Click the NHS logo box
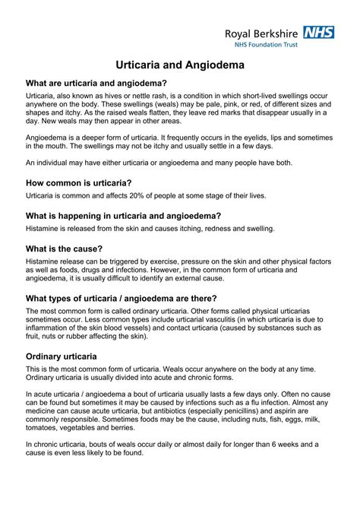point(318,32)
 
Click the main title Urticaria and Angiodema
point(180,66)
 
